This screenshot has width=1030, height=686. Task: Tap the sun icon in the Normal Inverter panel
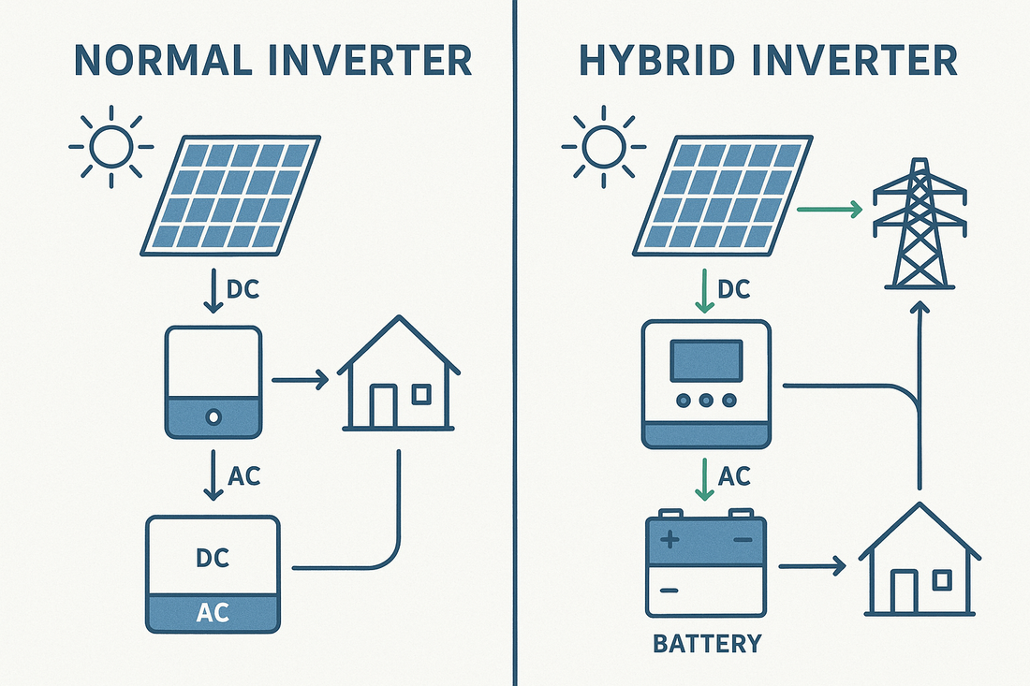pos(110,146)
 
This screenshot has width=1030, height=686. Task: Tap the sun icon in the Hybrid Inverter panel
pos(602,146)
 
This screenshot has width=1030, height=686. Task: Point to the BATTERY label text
pos(705,644)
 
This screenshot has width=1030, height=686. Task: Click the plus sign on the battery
pos(670,540)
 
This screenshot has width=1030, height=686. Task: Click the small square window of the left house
pos(421,395)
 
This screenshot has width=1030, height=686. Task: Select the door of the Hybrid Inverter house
pos(903,591)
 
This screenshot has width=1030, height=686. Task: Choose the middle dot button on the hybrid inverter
pos(705,401)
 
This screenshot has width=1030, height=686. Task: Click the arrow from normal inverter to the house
pos(299,380)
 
